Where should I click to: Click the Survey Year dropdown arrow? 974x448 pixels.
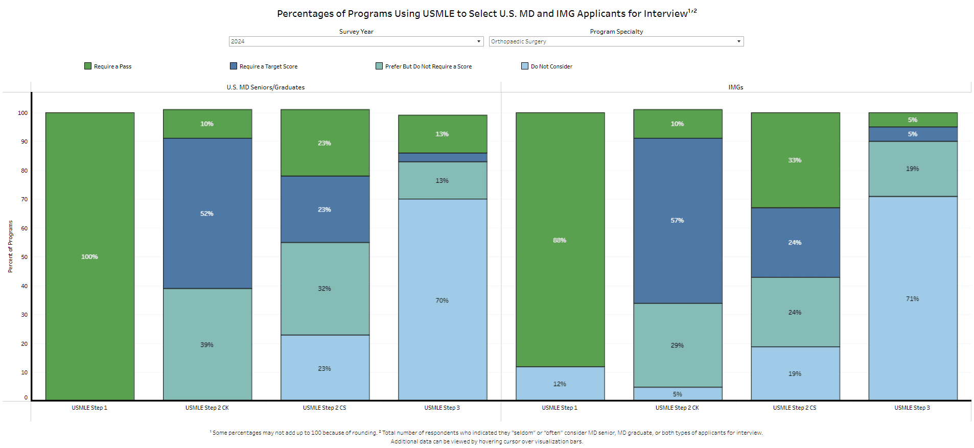pos(478,41)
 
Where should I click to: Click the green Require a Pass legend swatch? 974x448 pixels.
pos(88,66)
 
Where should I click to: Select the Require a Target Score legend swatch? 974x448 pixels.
pos(234,66)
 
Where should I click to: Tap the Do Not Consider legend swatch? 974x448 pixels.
pos(525,66)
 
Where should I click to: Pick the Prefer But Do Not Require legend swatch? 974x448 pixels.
pos(379,66)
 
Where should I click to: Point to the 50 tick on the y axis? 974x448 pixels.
pos(24,257)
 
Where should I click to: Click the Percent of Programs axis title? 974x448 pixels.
pos(10,246)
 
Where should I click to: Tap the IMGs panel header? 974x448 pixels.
pos(736,87)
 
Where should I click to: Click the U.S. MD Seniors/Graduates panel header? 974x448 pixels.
pos(266,87)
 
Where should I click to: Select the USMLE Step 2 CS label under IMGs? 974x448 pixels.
pos(795,408)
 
